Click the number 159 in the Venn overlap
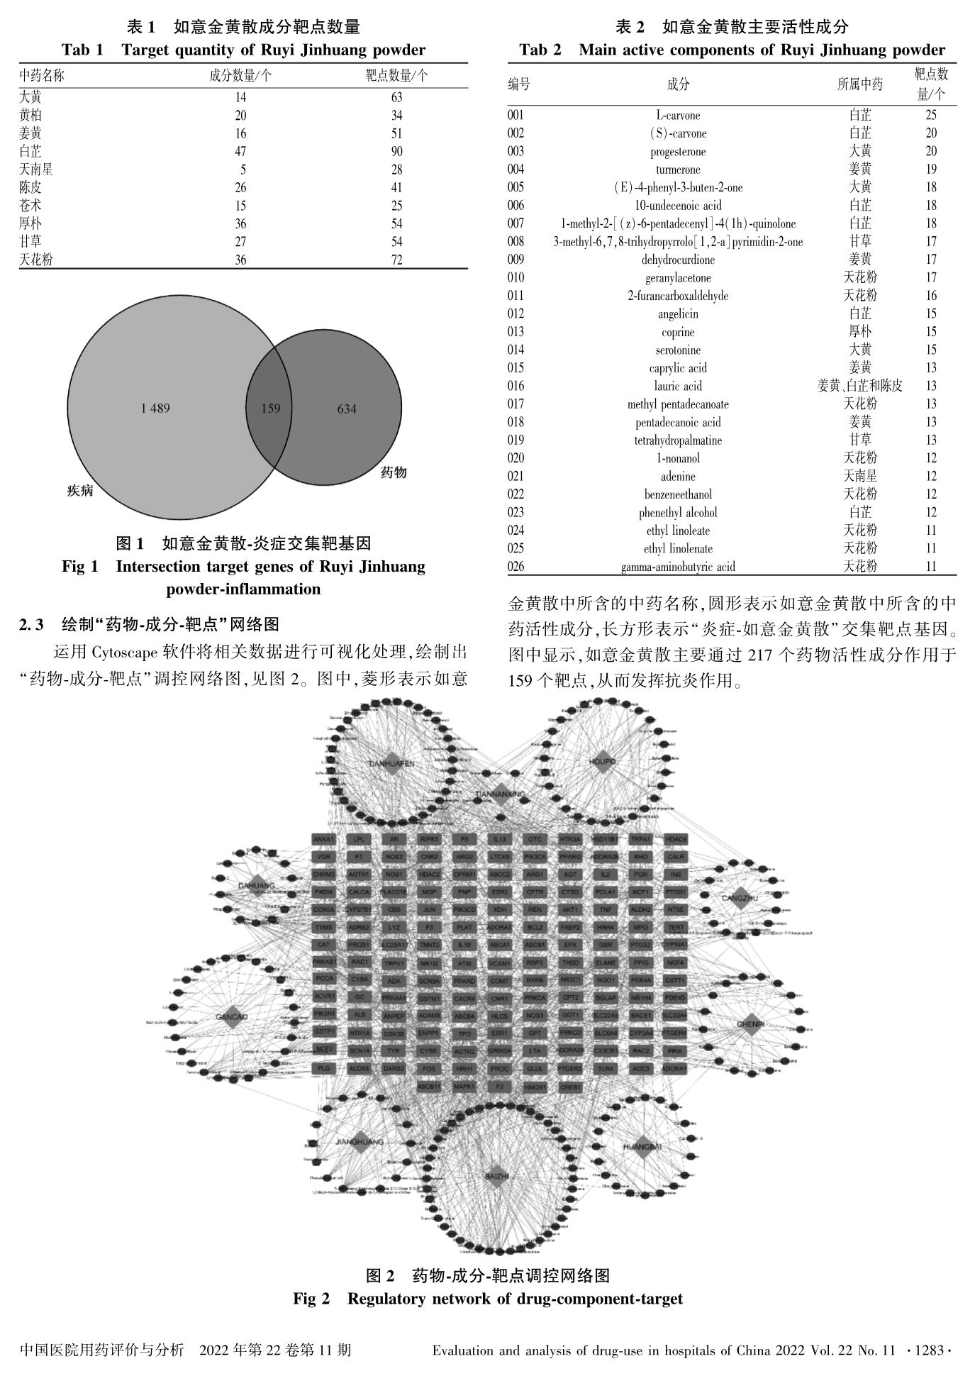(271, 408)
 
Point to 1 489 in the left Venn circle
(155, 408)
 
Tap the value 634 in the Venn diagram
(347, 409)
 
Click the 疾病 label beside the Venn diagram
(80, 490)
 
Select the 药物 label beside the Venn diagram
(394, 472)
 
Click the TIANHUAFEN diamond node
(391, 763)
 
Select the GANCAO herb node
(232, 1016)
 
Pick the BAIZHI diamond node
(497, 1177)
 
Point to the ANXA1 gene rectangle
(323, 839)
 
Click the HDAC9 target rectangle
(676, 839)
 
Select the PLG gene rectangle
(323, 1068)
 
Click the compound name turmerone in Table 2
(678, 170)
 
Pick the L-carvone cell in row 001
(678, 115)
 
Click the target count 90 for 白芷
(396, 151)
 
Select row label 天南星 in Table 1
(36, 170)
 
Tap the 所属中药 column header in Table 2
(860, 84)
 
